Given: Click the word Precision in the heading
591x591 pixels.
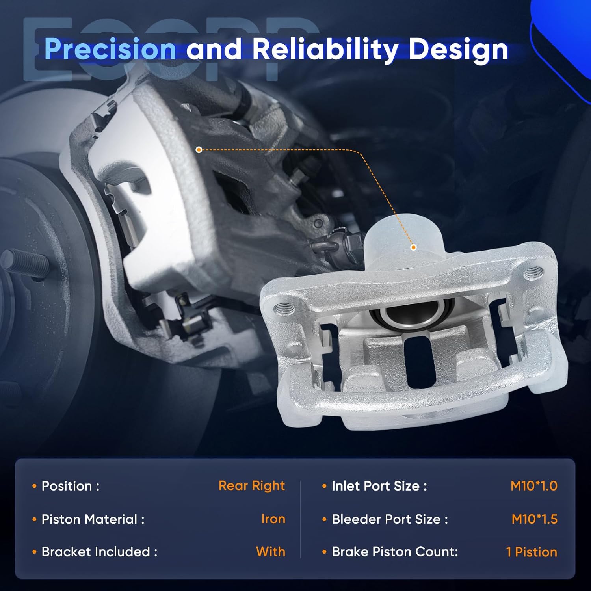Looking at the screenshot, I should click(110, 49).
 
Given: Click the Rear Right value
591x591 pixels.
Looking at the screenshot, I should click(251, 486).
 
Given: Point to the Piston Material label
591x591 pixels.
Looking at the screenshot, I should click(93, 519).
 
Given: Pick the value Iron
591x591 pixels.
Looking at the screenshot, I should click(273, 519).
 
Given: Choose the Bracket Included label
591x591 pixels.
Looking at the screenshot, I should click(99, 552).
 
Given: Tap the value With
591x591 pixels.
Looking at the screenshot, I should click(270, 552).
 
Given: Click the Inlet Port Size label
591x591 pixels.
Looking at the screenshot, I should click(379, 486).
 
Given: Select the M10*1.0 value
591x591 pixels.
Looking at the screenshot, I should click(534, 486).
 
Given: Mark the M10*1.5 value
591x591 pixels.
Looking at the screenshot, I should click(534, 519).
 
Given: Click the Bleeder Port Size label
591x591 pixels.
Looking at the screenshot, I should click(390, 519).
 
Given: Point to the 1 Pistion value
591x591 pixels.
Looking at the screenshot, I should click(532, 552).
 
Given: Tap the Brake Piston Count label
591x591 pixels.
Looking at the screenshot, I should click(395, 552).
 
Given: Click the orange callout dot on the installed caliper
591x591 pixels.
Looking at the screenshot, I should click(199, 150).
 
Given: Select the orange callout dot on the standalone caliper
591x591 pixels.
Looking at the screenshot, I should click(413, 247).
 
